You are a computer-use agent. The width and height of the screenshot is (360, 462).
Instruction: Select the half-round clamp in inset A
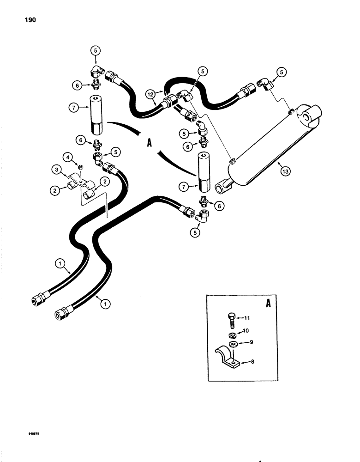pyautogui.click(x=230, y=359)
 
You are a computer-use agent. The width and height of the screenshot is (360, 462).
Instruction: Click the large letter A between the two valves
pyautogui.click(x=149, y=144)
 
